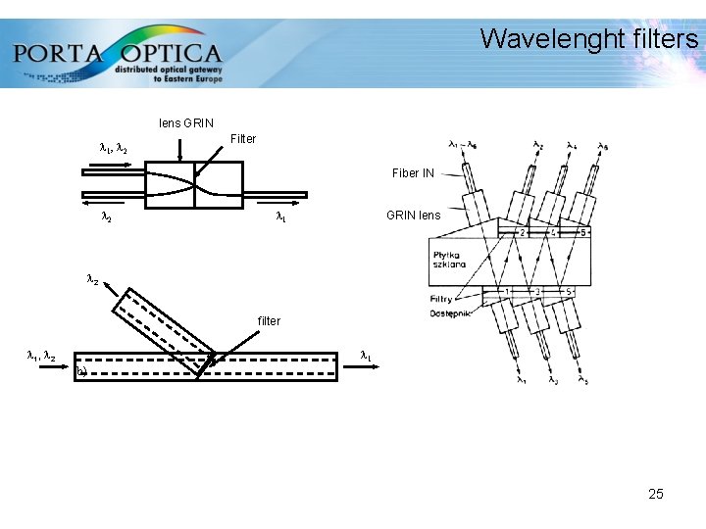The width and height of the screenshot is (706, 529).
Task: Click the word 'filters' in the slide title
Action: [x=666, y=39]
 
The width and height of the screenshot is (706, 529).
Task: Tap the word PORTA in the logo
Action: [x=58, y=53]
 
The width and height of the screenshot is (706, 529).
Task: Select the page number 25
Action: [x=656, y=494]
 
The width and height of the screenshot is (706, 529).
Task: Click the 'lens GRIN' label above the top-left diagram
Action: [x=185, y=123]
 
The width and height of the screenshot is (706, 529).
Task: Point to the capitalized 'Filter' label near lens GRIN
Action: [x=242, y=139]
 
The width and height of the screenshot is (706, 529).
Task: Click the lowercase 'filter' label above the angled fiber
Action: [x=269, y=321]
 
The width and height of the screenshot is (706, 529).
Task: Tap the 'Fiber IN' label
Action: [x=413, y=173]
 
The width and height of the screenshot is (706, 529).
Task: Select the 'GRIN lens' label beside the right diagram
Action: [x=413, y=216]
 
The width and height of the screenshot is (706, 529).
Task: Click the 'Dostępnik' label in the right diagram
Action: [x=449, y=313]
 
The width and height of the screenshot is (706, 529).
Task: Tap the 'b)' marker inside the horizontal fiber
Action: [x=82, y=372]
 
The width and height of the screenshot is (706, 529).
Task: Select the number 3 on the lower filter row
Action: [x=537, y=292]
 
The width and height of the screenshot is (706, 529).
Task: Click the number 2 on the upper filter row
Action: [x=525, y=233]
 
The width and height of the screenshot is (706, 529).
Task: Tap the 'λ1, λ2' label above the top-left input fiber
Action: [x=114, y=149]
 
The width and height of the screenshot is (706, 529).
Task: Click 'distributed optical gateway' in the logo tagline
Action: [x=169, y=70]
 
